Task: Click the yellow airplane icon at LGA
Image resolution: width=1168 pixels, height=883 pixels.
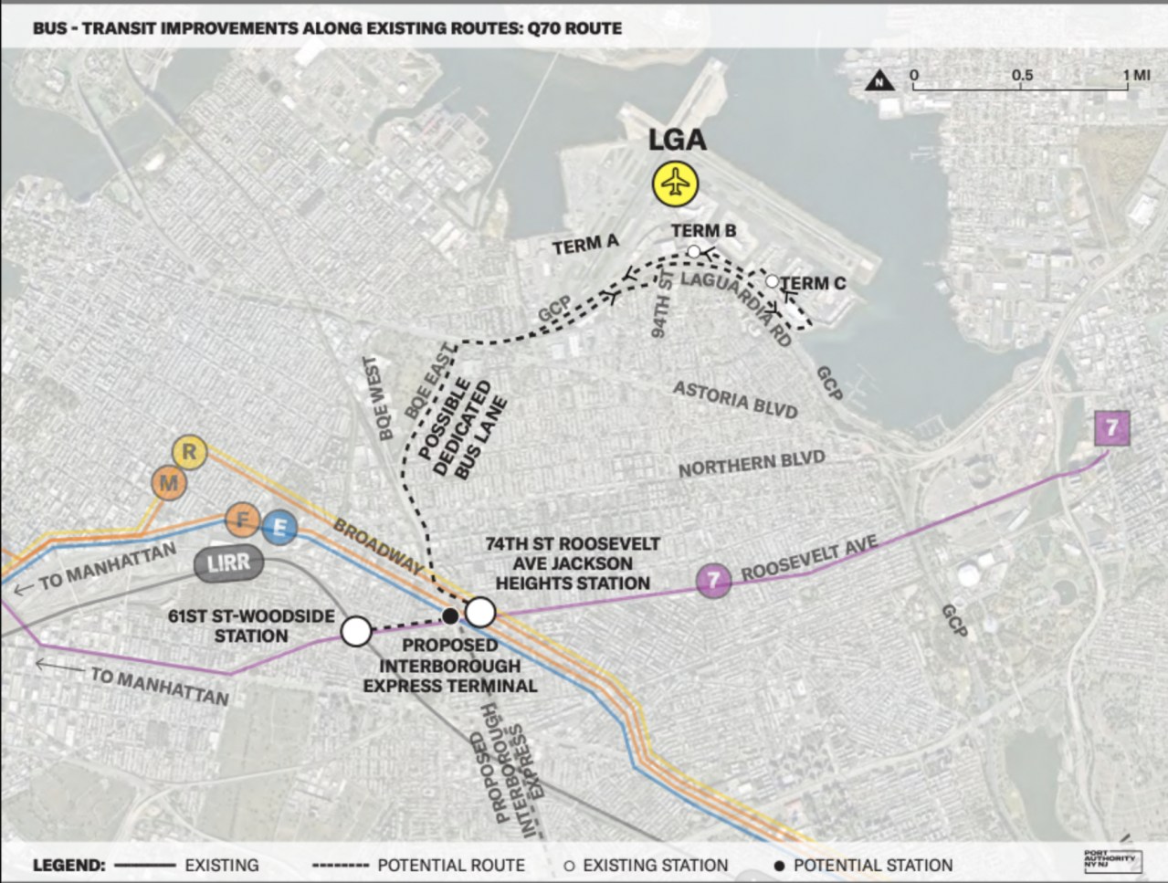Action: coord(675,184)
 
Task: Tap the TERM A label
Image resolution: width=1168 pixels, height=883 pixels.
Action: coord(585,245)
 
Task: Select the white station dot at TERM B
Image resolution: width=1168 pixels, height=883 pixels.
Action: coord(694,251)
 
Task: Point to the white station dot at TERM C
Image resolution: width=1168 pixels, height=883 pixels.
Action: coord(773,281)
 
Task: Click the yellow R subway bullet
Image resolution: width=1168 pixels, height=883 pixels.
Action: coord(190,451)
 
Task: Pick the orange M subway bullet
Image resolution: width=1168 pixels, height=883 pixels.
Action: coord(167,483)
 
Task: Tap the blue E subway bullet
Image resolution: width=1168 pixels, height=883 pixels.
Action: coord(279,528)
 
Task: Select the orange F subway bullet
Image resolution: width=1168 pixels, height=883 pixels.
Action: coord(243,520)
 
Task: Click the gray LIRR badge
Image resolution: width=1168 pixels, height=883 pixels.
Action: coord(228,563)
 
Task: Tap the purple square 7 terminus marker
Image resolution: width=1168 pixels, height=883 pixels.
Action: coord(1111,428)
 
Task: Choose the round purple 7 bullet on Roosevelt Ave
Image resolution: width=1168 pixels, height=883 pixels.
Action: coord(714,579)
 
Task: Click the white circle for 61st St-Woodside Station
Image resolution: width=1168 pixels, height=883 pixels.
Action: coord(356,630)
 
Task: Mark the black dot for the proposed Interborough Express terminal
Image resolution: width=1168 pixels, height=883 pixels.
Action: coord(449,616)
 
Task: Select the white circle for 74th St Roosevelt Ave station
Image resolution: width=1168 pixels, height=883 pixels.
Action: coord(480,612)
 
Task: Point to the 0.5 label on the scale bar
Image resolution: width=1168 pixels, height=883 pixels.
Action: coord(1022,75)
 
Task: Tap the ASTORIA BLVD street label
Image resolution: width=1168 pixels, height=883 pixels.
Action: coord(735,400)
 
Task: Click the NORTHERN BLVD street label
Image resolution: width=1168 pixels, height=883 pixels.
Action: coord(751,464)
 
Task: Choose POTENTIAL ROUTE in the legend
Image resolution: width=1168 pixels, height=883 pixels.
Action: coord(451,865)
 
